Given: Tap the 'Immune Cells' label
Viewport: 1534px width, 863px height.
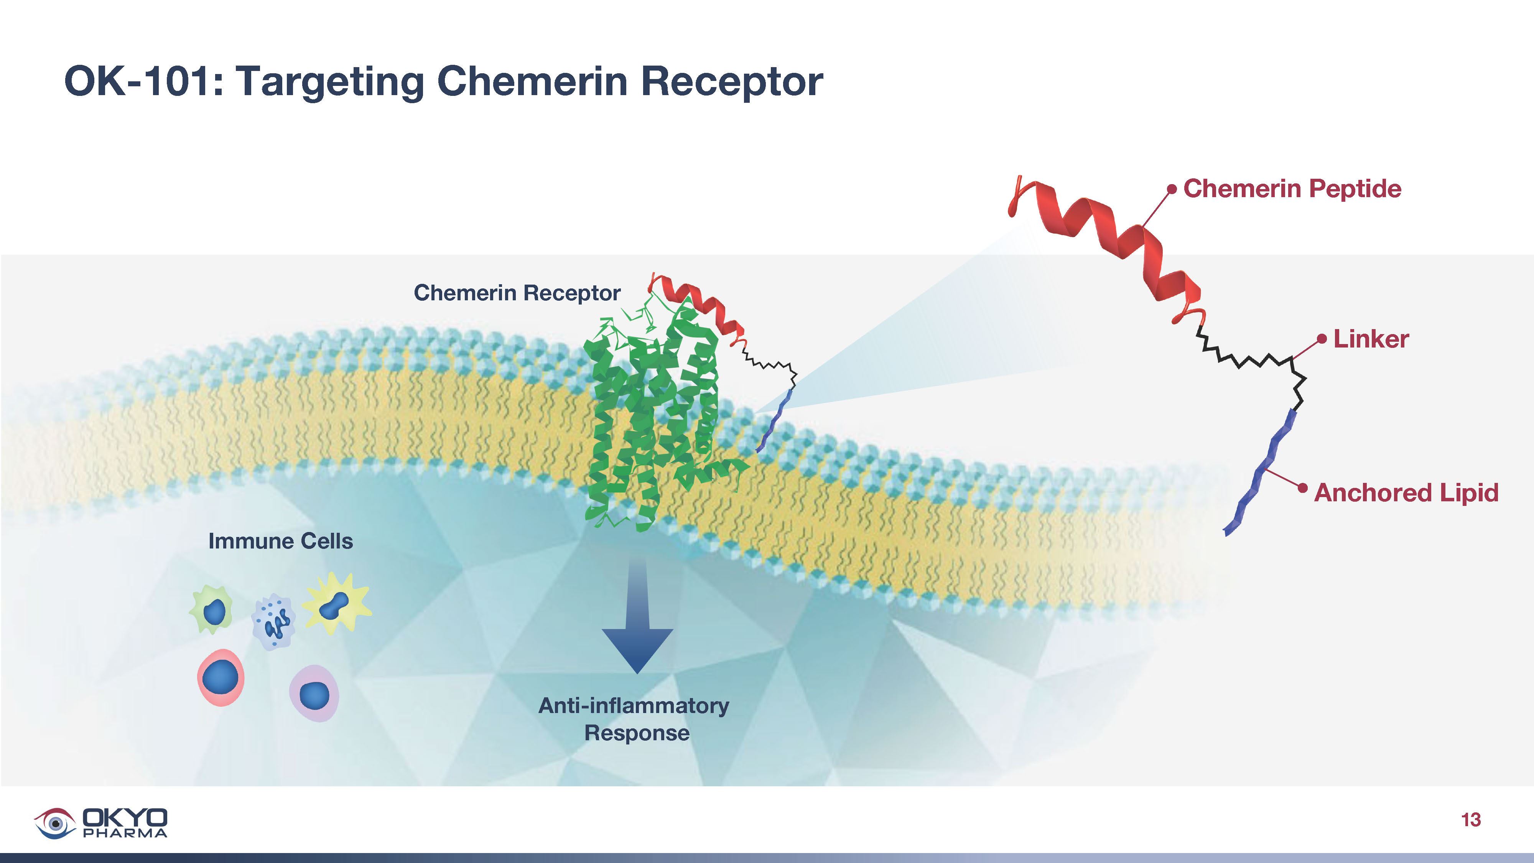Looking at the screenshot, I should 280,541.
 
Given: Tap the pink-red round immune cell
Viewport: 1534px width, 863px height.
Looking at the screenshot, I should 221,678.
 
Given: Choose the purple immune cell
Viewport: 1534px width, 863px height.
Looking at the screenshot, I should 314,694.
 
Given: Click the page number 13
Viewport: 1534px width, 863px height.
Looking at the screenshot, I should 1470,820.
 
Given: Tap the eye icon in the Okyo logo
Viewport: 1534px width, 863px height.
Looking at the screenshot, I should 55,823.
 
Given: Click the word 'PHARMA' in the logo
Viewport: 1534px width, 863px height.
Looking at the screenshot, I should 125,833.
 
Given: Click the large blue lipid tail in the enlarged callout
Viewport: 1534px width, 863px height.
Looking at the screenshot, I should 1262,471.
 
